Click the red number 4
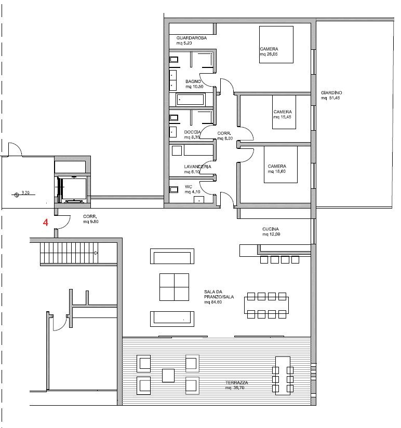[x=45, y=223]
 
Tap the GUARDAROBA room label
[x=191, y=38]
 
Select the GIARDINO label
[x=331, y=93]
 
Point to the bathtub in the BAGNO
[x=191, y=100]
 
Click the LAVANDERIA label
[x=197, y=167]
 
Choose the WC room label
[x=189, y=187]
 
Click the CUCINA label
[x=270, y=229]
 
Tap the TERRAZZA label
[x=236, y=382]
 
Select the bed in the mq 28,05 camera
[x=276, y=45]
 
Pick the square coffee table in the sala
[x=174, y=287]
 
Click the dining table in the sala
[x=266, y=306]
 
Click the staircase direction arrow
[x=96, y=253]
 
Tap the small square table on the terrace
[x=168, y=376]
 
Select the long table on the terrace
[x=283, y=376]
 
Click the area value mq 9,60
[x=90, y=222]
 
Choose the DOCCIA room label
[x=192, y=132]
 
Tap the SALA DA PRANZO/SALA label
[x=219, y=294]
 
